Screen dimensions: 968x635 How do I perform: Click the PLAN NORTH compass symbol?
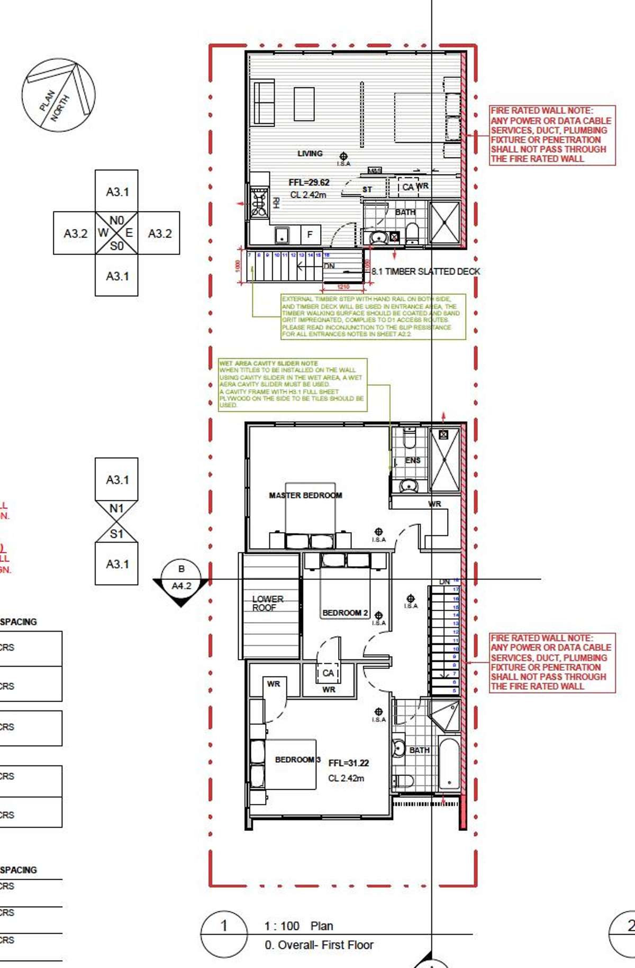pyautogui.click(x=59, y=95)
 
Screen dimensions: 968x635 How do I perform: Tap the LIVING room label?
pyautogui.click(x=310, y=153)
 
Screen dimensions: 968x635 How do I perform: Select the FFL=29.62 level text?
pyautogui.click(x=309, y=182)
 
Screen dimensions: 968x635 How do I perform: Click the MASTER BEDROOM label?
pyautogui.click(x=305, y=496)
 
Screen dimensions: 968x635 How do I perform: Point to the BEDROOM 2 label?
pyautogui.click(x=345, y=613)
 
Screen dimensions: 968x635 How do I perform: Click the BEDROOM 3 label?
pyautogui.click(x=297, y=760)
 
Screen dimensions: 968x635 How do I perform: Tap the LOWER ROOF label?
pyautogui.click(x=267, y=603)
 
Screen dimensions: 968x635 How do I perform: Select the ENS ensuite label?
pyautogui.click(x=413, y=461)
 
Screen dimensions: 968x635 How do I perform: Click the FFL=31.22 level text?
pyautogui.click(x=348, y=763)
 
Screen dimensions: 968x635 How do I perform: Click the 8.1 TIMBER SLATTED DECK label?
pyautogui.click(x=425, y=271)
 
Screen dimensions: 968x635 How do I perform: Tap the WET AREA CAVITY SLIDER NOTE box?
pyautogui.click(x=293, y=385)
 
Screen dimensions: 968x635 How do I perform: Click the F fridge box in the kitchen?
pyautogui.click(x=310, y=234)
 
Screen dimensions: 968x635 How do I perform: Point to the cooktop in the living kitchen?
pyautogui.click(x=259, y=203)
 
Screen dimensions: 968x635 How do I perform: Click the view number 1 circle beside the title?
pyautogui.click(x=224, y=925)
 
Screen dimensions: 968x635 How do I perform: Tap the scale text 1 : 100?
pyautogui.click(x=282, y=926)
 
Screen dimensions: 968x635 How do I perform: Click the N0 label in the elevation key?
pyautogui.click(x=116, y=220)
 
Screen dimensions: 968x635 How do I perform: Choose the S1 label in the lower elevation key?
pyautogui.click(x=116, y=534)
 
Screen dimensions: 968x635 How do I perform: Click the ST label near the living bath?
pyautogui.click(x=367, y=189)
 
